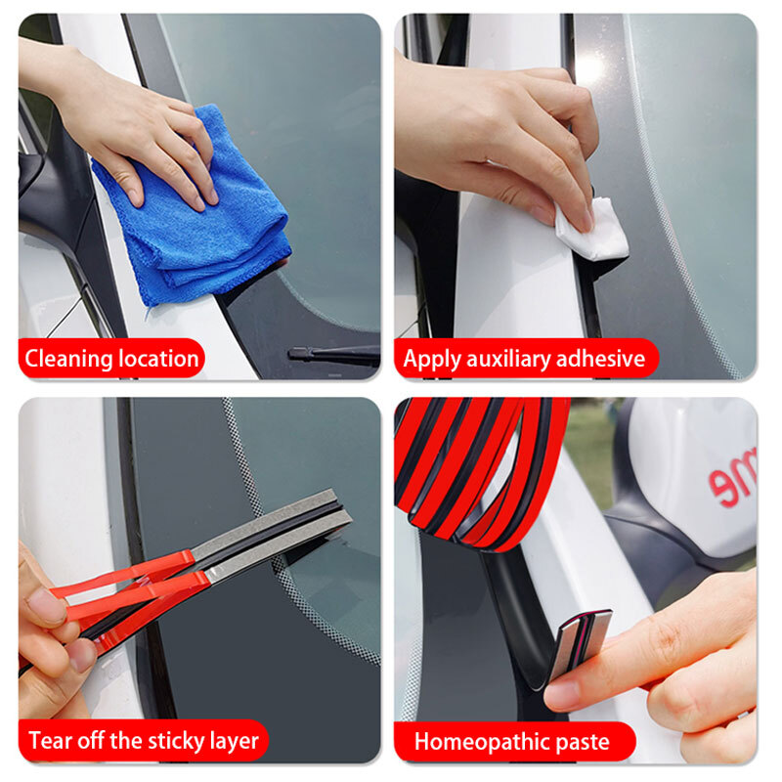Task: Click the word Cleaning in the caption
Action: click(x=68, y=359)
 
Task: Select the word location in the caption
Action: click(x=159, y=359)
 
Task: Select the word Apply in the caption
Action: click(x=431, y=359)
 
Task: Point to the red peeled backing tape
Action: click(x=127, y=596)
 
